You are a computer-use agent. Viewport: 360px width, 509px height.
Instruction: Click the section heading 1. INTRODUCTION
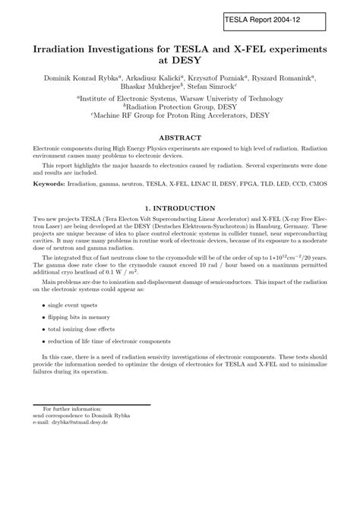coord(180,208)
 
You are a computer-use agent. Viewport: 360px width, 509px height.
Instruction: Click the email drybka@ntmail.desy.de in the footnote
coord(80,422)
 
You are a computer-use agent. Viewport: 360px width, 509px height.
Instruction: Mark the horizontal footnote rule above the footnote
coord(91,404)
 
